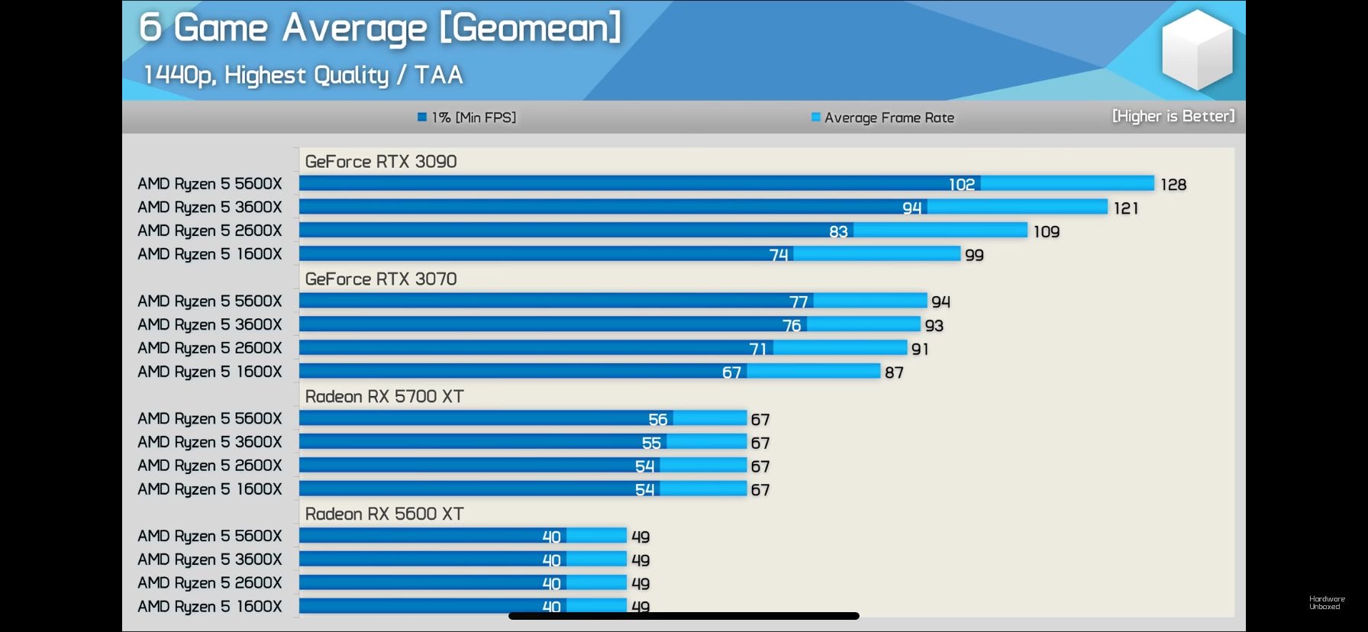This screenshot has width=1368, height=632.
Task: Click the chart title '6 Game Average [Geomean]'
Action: coord(379,28)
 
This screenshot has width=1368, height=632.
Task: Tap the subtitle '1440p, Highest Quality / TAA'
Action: coord(303,75)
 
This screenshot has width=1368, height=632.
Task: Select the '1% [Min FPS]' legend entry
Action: coord(467,118)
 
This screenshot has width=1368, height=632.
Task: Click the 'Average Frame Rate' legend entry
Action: coord(883,118)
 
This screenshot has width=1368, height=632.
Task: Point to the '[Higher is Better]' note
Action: coord(1173,116)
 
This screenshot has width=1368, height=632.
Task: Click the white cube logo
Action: coord(1196,49)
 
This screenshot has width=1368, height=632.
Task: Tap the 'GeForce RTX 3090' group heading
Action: coord(381,162)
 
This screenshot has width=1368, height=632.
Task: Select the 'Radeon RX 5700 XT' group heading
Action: coord(384,397)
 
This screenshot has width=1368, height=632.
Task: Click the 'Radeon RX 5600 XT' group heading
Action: coord(384,514)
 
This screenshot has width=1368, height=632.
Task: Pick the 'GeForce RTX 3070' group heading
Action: coord(381,279)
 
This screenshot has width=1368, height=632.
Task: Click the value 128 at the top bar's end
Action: coord(1173,185)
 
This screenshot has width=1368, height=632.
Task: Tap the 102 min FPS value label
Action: coord(962,185)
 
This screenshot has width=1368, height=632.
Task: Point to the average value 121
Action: coord(1126,208)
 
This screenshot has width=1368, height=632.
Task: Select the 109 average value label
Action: coord(1047,232)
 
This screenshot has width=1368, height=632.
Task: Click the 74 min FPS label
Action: coord(779,255)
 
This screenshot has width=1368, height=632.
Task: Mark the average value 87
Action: coord(894,372)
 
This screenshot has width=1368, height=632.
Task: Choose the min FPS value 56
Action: coord(657,420)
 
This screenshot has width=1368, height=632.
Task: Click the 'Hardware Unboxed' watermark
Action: coord(1327,603)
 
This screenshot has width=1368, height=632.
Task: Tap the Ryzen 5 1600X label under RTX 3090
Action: coord(210,254)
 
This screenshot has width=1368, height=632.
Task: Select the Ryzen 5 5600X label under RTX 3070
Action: coord(210,301)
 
